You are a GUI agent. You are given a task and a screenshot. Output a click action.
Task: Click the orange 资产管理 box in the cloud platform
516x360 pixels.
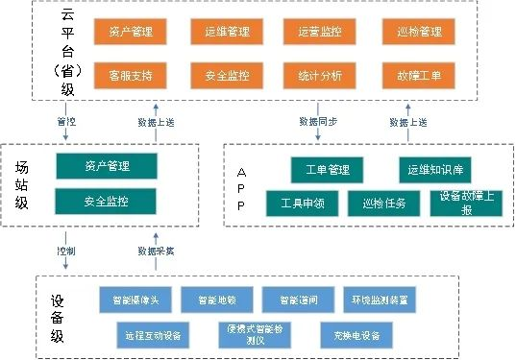pos(130,32)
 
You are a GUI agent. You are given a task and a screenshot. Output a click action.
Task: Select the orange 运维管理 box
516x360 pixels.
pos(227,32)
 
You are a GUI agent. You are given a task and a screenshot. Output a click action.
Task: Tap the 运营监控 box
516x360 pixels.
pos(321,32)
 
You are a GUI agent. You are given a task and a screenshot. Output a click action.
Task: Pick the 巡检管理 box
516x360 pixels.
pos(419,32)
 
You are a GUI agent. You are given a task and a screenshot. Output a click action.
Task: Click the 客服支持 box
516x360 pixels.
pos(130,74)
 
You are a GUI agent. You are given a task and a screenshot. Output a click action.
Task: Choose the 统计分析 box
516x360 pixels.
pos(321,74)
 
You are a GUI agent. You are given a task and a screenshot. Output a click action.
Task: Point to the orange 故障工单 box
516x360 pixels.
pos(419,74)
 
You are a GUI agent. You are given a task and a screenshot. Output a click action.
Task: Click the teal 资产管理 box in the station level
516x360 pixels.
pos(107,165)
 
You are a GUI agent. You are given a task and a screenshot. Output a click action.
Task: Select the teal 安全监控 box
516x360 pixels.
pos(107,202)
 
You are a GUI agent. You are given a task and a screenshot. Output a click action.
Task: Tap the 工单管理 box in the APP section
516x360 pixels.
pos(328,170)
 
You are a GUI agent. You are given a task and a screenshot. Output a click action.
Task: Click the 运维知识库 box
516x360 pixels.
pos(435,170)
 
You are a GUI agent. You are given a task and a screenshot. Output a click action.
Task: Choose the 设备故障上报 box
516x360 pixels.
pos(466,204)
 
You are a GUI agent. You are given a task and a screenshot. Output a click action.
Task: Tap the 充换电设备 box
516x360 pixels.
pos(356,335)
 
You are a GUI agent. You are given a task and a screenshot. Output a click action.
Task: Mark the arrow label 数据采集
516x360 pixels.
pos(155,251)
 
